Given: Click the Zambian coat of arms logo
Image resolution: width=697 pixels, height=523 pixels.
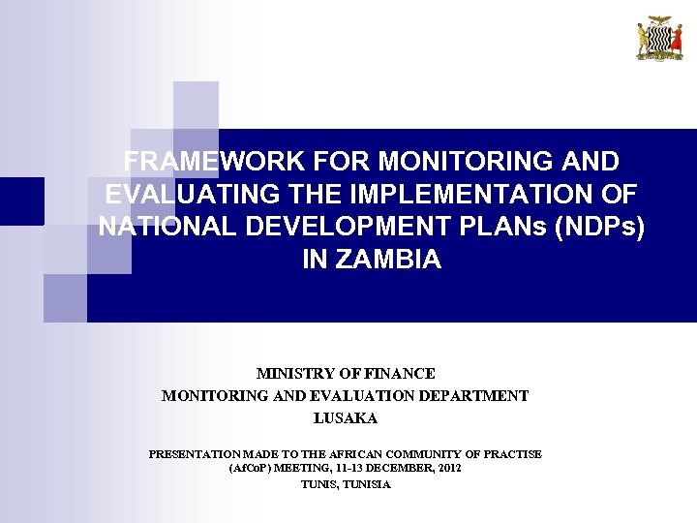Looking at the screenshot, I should coord(659,39).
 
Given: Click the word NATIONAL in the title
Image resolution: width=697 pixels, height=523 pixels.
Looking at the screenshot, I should coord(161,227).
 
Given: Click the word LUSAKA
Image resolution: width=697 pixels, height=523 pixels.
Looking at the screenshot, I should coord(345,418).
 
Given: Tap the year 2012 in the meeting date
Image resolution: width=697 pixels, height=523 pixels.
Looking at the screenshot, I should coord(449,468).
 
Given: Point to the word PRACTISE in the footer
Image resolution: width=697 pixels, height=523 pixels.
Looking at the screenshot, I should coord(516,453).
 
